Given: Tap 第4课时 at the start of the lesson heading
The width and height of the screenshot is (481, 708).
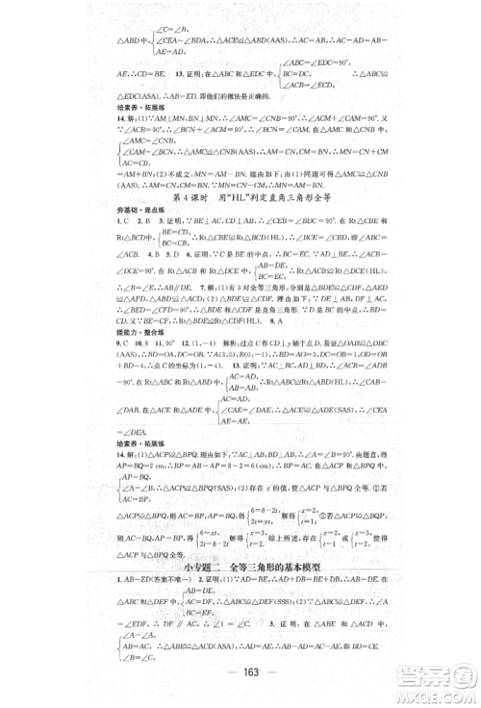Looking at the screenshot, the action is [x=189, y=199].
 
